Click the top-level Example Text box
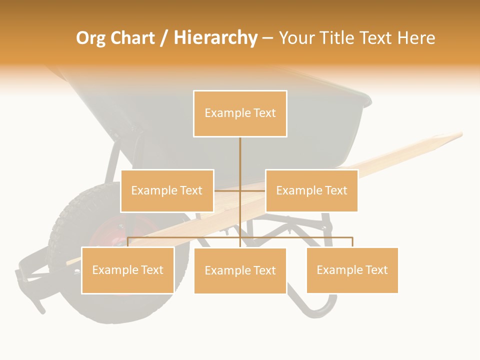tap(240, 113)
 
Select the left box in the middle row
tap(167, 190)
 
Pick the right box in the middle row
tap(311, 190)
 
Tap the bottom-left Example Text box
tap(127, 270)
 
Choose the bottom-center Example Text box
tap(240, 270)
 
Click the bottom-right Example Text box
tap(352, 270)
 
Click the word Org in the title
tap(91, 38)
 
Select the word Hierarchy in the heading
tap(215, 38)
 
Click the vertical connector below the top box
tap(240, 160)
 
